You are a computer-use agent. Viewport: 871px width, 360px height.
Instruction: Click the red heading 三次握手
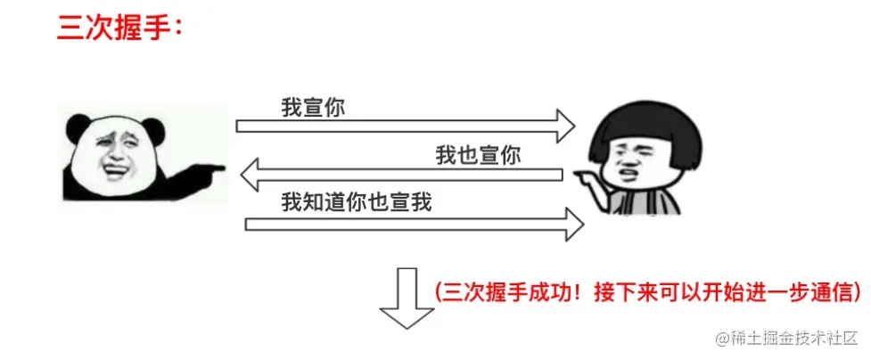pyautogui.click(x=116, y=29)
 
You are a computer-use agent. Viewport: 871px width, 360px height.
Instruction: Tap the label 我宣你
pyautogui.click(x=313, y=108)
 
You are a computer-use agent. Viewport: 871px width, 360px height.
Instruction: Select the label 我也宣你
pyautogui.click(x=478, y=154)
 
